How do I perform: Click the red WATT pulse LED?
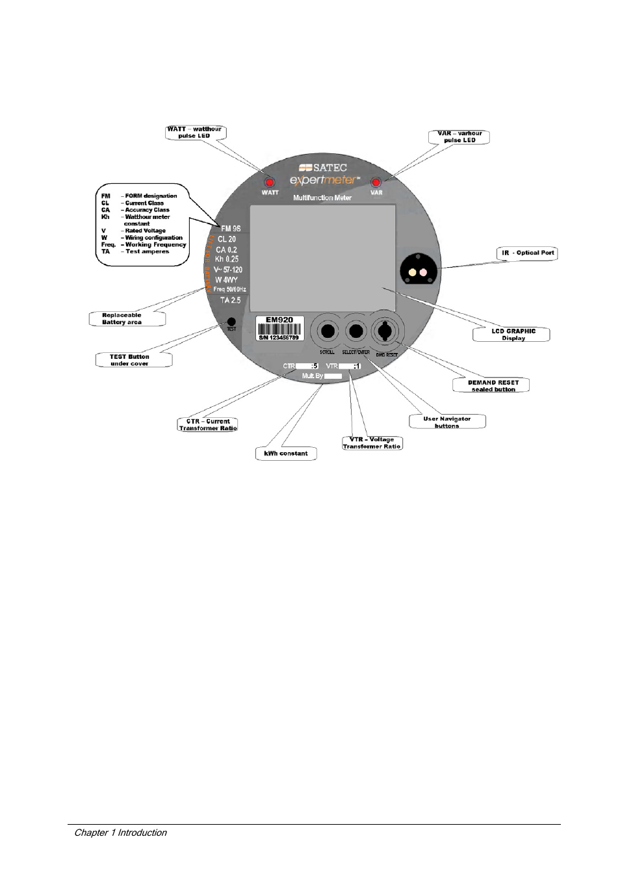click(x=269, y=183)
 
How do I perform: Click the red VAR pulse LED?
click(x=376, y=183)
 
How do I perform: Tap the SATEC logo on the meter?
click(x=323, y=168)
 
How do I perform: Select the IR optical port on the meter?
click(x=418, y=271)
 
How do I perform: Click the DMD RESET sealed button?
click(x=385, y=331)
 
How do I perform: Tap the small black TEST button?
click(x=231, y=322)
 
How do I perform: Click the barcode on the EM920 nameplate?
click(x=279, y=329)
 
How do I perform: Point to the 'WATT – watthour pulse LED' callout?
click(x=195, y=133)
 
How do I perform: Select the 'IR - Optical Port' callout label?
click(x=528, y=253)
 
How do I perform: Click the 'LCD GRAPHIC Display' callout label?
click(x=513, y=335)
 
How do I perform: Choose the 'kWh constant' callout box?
click(x=286, y=454)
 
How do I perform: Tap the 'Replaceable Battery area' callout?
click(x=125, y=318)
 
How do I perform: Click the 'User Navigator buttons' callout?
click(x=447, y=422)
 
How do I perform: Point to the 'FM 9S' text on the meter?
click(x=231, y=229)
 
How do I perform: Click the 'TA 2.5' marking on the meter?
click(x=230, y=300)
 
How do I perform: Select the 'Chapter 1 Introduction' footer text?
click(x=120, y=833)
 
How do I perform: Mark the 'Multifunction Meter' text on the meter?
click(x=322, y=198)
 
